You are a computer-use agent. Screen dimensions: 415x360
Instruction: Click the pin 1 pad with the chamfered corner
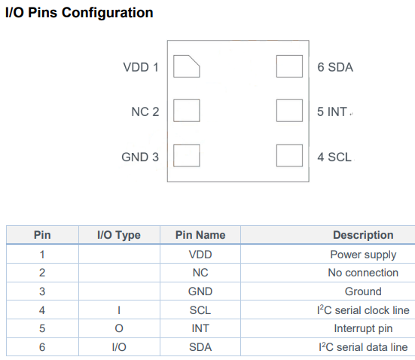[186, 66]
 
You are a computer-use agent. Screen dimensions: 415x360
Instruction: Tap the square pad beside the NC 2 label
[186, 111]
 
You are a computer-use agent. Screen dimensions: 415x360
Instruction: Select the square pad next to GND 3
[186, 155]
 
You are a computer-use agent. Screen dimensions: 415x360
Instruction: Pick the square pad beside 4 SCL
[289, 155]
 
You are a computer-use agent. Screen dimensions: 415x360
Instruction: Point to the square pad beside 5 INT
[289, 111]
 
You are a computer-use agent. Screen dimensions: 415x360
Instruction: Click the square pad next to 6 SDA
[289, 66]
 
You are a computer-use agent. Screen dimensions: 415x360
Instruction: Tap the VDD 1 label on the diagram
[141, 67]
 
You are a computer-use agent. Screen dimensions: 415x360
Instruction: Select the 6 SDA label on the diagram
[335, 67]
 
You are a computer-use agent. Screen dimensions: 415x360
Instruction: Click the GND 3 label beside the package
[140, 157]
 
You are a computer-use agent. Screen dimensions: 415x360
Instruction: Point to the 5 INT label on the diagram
[332, 111]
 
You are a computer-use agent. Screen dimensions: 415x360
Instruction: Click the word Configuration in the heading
[108, 13]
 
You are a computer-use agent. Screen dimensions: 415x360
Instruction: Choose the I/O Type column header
[119, 235]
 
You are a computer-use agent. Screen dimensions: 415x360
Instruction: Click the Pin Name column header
[200, 235]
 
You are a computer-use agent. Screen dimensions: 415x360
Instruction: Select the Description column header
[363, 235]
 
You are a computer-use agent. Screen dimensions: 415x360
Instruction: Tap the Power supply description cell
[363, 255]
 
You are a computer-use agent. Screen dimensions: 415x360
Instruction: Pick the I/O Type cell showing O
[119, 328]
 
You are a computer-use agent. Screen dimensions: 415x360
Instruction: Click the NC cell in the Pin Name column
[200, 273]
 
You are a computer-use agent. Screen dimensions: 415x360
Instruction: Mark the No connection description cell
[363, 273]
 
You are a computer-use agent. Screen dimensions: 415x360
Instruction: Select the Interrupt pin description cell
[363, 328]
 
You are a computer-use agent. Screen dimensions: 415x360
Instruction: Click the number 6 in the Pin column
[42, 347]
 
